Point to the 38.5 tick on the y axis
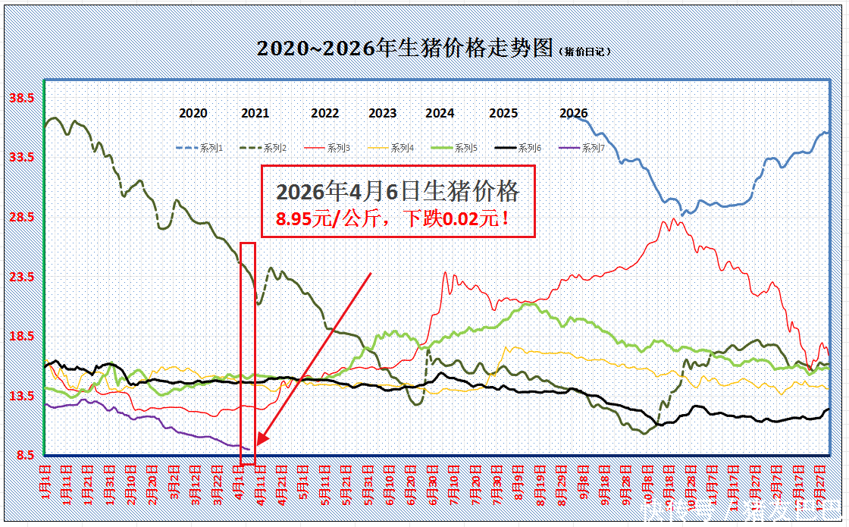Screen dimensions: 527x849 (x=21, y=98)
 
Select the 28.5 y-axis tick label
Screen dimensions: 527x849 (x=21, y=218)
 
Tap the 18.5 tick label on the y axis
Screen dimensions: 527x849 (x=21, y=337)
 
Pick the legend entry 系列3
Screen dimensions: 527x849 (x=339, y=148)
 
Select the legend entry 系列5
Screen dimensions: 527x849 (x=465, y=148)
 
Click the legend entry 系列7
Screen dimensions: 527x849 (x=593, y=148)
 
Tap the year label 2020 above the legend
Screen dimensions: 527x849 (x=193, y=113)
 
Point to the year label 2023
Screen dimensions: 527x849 (x=383, y=113)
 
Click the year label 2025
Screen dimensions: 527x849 (x=503, y=113)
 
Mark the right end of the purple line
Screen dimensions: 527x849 (x=249, y=450)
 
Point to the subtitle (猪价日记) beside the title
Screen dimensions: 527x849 (x=584, y=52)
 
